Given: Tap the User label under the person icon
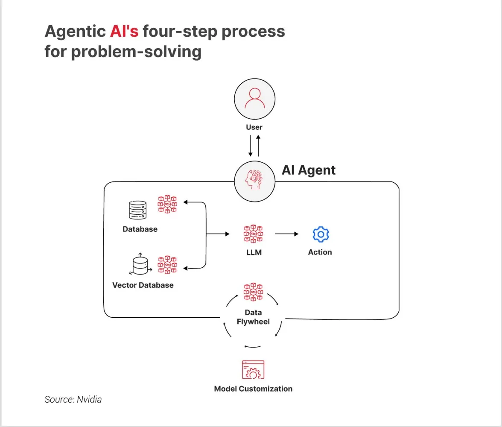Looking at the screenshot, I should click(x=254, y=127).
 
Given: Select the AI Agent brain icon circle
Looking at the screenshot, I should click(x=255, y=181).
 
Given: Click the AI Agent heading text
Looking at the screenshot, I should click(x=309, y=170).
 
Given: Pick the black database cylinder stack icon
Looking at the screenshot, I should click(x=137, y=210).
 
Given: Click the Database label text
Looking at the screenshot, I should click(x=140, y=229).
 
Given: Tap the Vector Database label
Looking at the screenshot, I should click(x=143, y=285).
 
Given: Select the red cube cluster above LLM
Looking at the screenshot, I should click(x=254, y=234).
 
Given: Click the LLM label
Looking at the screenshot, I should click(x=254, y=252).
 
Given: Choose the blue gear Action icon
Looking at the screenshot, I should click(x=321, y=234).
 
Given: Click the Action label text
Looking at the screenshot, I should click(x=320, y=252).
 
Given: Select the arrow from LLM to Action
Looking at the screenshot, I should click(x=286, y=234).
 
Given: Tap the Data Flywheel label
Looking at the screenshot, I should click(x=254, y=317).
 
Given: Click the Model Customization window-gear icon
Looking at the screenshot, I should click(x=253, y=370).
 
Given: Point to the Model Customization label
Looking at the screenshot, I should click(x=253, y=389).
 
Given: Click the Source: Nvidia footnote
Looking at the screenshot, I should click(x=73, y=400).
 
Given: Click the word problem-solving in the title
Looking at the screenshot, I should click(x=136, y=52).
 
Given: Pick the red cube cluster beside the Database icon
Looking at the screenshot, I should click(x=167, y=204).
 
